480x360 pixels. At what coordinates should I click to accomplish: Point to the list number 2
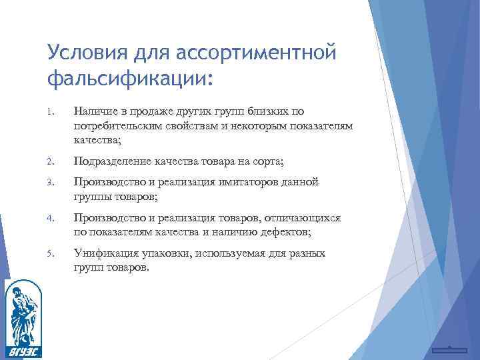pyautogui.click(x=51, y=161)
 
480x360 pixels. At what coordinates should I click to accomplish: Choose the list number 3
pyautogui.click(x=51, y=182)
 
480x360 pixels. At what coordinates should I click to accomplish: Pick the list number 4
pyautogui.click(x=51, y=219)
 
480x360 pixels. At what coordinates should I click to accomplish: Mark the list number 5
pyautogui.click(x=51, y=254)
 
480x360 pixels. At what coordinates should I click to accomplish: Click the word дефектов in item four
pyautogui.click(x=288, y=232)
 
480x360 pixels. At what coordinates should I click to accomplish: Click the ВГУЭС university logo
pyautogui.click(x=22, y=314)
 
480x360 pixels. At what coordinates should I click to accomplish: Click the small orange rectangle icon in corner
pyautogui.click(x=448, y=350)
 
